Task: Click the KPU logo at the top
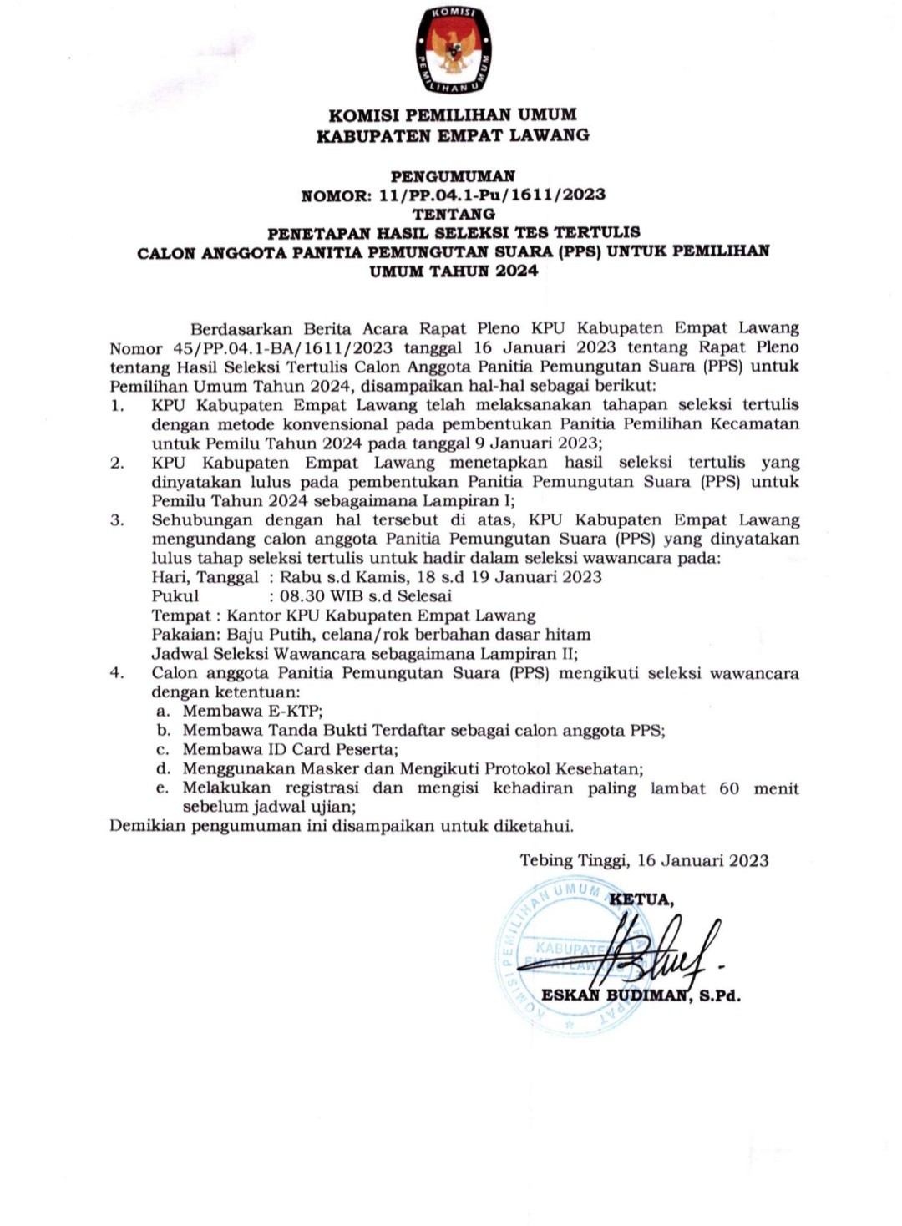pyautogui.click(x=454, y=50)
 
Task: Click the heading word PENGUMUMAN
pyautogui.click(x=454, y=176)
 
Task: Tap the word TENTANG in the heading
pyautogui.click(x=454, y=214)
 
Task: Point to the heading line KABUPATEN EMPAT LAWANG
pyautogui.click(x=453, y=135)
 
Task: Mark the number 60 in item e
pyautogui.click(x=729, y=788)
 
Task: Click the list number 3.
pyautogui.click(x=117, y=520)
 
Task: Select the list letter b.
pyautogui.click(x=164, y=731)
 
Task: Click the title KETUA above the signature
pyautogui.click(x=641, y=899)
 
